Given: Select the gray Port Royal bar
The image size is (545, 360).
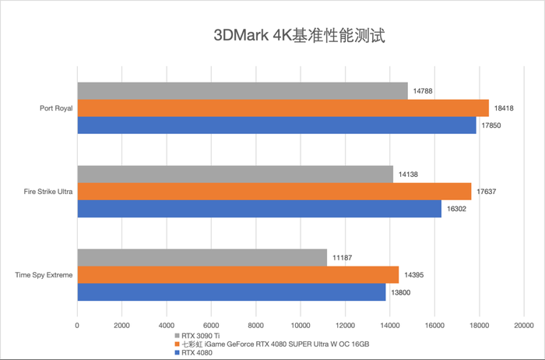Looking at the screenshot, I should (x=242, y=91).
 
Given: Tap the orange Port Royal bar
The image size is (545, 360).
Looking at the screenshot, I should (x=283, y=108).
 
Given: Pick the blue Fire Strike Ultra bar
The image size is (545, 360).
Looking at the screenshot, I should (x=259, y=210).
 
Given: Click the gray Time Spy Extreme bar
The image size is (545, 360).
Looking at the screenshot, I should (x=202, y=258).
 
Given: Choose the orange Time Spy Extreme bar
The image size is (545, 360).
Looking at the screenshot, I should (x=237, y=275).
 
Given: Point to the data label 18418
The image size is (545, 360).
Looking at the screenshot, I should (x=505, y=108).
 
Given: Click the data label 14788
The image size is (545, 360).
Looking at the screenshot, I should (x=424, y=91).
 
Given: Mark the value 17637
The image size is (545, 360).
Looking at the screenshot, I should (x=487, y=192).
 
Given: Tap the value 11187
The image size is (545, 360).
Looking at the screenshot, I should (x=343, y=258).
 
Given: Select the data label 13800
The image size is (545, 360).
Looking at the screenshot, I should (x=401, y=292).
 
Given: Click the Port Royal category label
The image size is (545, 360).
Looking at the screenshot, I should (x=55, y=108).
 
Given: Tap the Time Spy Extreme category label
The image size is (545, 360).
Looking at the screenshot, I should (x=44, y=275).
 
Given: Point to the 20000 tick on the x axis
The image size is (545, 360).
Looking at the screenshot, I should (x=523, y=323).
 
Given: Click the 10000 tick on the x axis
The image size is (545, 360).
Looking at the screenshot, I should (x=300, y=323).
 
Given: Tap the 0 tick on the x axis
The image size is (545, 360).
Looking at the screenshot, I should (x=77, y=323).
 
